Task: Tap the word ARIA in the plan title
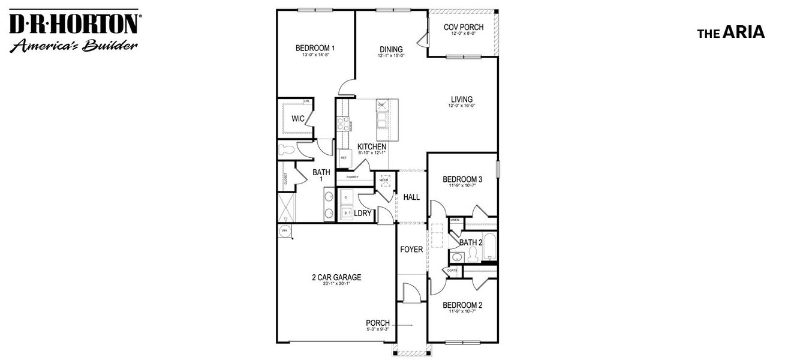tap(744, 33)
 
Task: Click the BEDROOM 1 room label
tap(315, 48)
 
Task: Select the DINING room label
tap(391, 49)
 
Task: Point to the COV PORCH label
tap(463, 27)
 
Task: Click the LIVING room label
tap(462, 100)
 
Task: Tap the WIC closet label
tap(298, 119)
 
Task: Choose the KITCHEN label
tap(372, 146)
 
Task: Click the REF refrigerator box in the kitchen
tap(344, 158)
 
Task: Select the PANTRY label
tap(352, 178)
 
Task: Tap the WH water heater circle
tap(284, 230)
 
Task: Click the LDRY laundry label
tap(362, 213)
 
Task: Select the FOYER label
tap(411, 250)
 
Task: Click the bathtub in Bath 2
tap(488, 246)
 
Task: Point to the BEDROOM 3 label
tap(462, 179)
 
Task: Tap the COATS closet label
tap(452, 270)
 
